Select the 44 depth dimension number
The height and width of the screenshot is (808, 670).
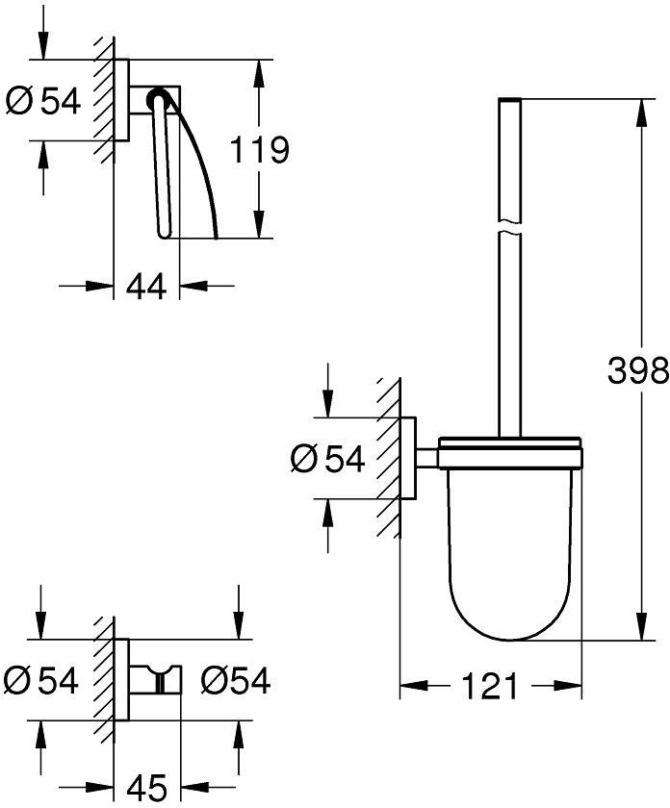[146, 285]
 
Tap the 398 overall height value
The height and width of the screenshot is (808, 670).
[638, 369]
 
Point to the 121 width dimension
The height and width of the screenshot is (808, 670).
[491, 687]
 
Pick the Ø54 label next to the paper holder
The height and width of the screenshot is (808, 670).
[43, 100]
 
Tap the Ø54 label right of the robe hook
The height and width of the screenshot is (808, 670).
[236, 681]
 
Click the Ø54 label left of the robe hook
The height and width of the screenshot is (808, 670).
[41, 681]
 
